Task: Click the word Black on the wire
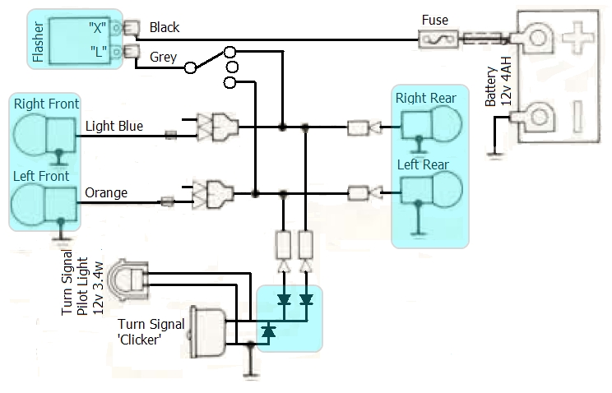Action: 165,27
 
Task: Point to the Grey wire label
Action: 163,57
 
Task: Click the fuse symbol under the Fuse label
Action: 433,38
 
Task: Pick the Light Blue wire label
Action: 114,127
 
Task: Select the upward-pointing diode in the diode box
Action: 268,331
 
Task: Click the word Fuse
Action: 434,19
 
